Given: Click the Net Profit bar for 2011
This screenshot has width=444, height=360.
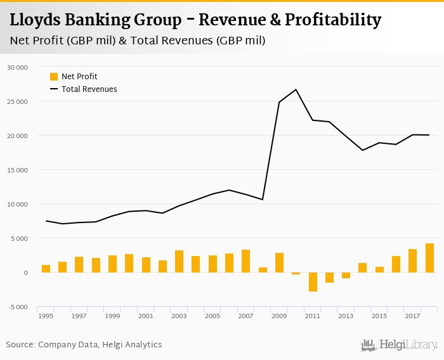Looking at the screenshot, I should pyautogui.click(x=313, y=282).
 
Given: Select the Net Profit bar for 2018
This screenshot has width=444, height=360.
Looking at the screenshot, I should pyautogui.click(x=429, y=258).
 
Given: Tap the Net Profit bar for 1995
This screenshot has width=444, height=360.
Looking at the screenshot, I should pyautogui.click(x=46, y=269).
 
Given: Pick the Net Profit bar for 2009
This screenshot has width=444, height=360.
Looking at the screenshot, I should pyautogui.click(x=279, y=262).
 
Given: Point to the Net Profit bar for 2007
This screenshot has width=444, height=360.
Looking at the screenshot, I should pyautogui.click(x=245, y=261).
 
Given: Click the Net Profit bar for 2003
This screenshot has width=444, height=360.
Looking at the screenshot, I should pyautogui.click(x=179, y=261).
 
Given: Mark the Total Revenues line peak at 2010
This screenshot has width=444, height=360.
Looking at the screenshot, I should pyautogui.click(x=296, y=89).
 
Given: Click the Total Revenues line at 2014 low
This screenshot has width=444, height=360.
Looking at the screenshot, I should pyautogui.click(x=363, y=150).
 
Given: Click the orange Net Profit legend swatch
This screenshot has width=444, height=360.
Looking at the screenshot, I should pyautogui.click(x=54, y=77).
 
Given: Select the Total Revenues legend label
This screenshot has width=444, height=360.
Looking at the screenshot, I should pyautogui.click(x=89, y=89).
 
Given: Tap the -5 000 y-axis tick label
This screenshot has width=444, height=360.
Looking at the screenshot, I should pyautogui.click(x=17, y=307).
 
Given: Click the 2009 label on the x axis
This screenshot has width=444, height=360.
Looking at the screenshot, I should pyautogui.click(x=279, y=316).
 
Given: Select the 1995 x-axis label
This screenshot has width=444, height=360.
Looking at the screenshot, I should pyautogui.click(x=46, y=316).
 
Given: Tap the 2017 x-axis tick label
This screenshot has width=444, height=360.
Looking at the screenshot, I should pyautogui.click(x=412, y=316).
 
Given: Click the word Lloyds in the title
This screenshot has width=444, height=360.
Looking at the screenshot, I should pyautogui.click(x=36, y=20).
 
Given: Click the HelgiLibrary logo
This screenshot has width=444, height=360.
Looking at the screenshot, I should pyautogui.click(x=399, y=345).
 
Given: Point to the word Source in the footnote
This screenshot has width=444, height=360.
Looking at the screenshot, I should pyautogui.click(x=20, y=345).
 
